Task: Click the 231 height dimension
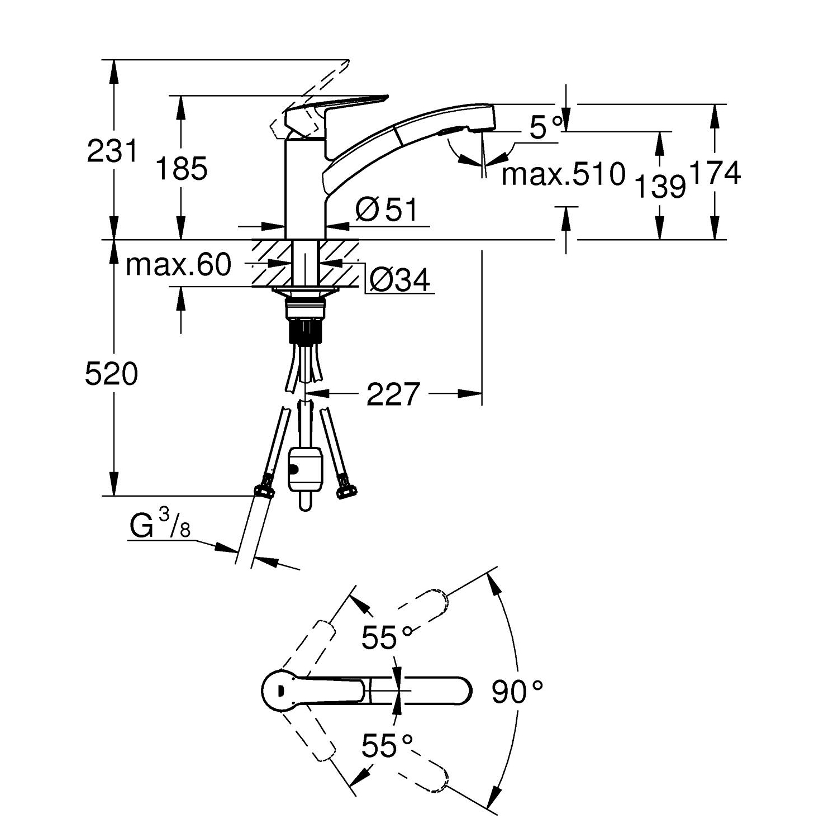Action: [x=112, y=151]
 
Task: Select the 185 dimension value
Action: [x=181, y=168]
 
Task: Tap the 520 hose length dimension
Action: [x=111, y=374]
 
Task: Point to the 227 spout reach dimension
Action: [x=393, y=394]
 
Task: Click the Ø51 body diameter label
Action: [x=387, y=210]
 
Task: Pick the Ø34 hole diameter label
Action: [x=400, y=279]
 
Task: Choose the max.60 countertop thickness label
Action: [x=178, y=264]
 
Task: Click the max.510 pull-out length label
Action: [x=563, y=174]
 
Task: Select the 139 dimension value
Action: [x=660, y=186]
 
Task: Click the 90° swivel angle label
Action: [x=517, y=693]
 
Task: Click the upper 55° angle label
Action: [x=387, y=637]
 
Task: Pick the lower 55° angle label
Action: [x=387, y=745]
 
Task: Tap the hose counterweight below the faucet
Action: [x=304, y=473]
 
